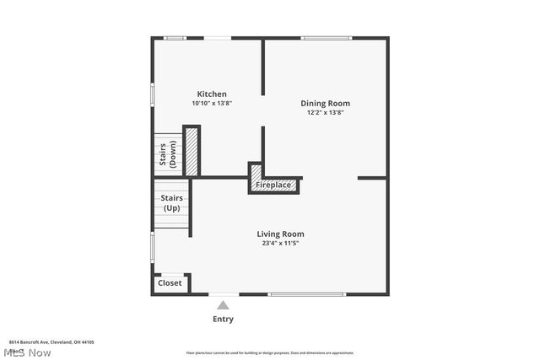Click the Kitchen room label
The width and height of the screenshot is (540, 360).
pyautogui.click(x=211, y=94)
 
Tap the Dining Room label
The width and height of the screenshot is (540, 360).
pyautogui.click(x=325, y=104)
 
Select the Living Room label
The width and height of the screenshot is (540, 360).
pyautogui.click(x=280, y=234)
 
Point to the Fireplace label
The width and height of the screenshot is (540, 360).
pyautogui.click(x=273, y=185)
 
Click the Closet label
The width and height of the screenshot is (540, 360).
pyautogui.click(x=170, y=283)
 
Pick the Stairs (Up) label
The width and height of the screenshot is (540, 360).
pyautogui.click(x=171, y=203)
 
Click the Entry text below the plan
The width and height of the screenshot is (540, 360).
pyautogui.click(x=223, y=320)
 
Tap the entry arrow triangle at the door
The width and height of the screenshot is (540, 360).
pyautogui.click(x=223, y=304)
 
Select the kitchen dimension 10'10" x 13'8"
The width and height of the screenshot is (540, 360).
pyautogui.click(x=211, y=103)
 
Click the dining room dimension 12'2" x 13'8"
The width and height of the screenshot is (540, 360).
pyautogui.click(x=325, y=112)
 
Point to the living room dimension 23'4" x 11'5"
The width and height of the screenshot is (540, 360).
pyautogui.click(x=280, y=243)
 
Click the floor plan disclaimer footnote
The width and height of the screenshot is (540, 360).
pyautogui.click(x=270, y=353)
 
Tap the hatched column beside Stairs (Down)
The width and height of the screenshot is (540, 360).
pyautogui.click(x=192, y=151)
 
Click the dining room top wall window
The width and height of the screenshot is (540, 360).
pyautogui.click(x=326, y=38)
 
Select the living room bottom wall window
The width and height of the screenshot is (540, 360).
pyautogui.click(x=307, y=294)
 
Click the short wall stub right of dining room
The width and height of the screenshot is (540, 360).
pyautogui.click(x=372, y=178)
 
